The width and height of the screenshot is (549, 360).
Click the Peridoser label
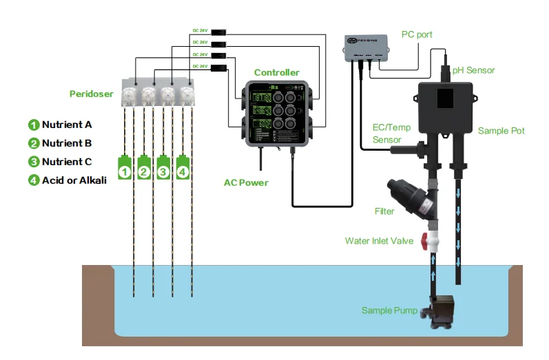[x=92, y=94]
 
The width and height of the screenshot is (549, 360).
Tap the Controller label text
[x=276, y=72]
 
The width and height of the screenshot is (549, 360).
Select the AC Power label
[x=246, y=182]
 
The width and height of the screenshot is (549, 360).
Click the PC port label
[x=417, y=34]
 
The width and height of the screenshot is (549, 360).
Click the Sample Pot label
[x=501, y=131]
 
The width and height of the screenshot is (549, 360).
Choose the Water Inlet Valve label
[x=379, y=241]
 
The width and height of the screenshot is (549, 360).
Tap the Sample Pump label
[x=389, y=310]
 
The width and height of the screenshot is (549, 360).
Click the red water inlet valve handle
[x=433, y=242]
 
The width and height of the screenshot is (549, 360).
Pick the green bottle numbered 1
[x=124, y=169]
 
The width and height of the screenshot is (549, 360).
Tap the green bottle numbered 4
[x=182, y=169]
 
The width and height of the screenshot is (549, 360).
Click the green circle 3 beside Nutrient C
[x=33, y=162]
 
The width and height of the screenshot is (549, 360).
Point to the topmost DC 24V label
[x=200, y=30]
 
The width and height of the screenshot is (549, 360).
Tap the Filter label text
[x=384, y=211]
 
